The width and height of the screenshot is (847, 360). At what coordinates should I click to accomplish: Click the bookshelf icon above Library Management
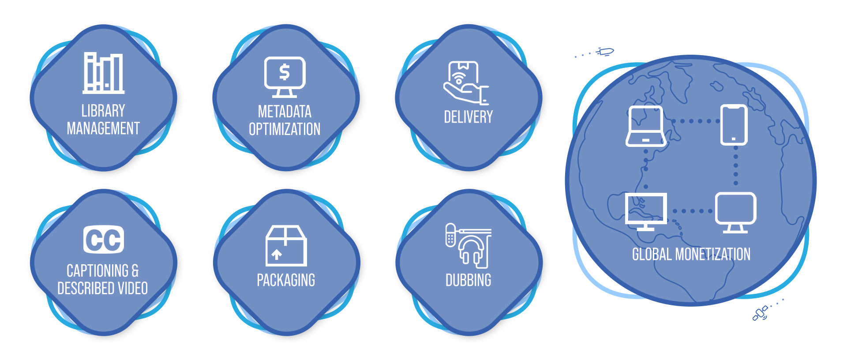click(104, 73)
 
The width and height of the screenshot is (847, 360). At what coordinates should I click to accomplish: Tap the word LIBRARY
click(103, 111)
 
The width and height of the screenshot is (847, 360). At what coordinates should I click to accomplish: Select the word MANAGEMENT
click(103, 128)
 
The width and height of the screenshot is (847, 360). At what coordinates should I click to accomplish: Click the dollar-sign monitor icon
click(285, 77)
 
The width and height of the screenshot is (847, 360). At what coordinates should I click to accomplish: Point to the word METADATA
click(285, 112)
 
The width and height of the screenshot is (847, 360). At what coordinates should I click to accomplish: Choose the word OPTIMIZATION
click(285, 129)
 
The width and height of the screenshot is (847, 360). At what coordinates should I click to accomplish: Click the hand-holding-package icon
click(465, 83)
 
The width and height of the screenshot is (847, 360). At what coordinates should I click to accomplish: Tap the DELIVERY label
click(468, 117)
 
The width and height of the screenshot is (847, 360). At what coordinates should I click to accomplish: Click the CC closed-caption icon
click(104, 240)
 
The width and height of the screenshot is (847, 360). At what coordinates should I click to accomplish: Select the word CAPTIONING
click(97, 270)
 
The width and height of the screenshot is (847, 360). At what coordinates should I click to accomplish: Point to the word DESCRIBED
click(86, 289)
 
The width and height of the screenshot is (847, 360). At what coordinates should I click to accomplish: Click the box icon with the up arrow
click(286, 246)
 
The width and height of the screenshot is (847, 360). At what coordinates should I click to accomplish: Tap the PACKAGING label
click(286, 280)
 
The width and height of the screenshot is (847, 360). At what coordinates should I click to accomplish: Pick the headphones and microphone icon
click(468, 246)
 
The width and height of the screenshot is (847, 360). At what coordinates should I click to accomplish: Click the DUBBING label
click(468, 280)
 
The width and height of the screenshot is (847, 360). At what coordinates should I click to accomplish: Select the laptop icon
click(646, 126)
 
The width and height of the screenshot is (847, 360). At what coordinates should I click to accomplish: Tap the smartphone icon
click(734, 125)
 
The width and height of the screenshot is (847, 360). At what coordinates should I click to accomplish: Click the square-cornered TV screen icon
click(646, 211)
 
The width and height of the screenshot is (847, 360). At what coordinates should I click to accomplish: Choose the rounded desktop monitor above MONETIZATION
click(735, 212)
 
